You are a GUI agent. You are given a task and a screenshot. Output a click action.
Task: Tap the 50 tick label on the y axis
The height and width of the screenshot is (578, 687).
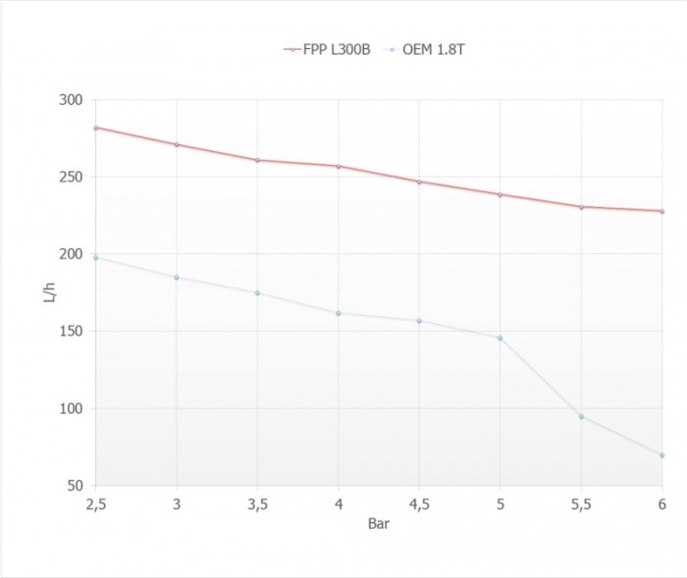point(74,486)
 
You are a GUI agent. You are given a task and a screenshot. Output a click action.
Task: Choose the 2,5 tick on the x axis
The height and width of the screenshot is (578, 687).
point(95,503)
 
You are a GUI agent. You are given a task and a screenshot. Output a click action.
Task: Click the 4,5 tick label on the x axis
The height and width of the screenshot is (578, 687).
point(419,503)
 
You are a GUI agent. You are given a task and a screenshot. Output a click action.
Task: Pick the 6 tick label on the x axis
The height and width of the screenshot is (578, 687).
point(662,503)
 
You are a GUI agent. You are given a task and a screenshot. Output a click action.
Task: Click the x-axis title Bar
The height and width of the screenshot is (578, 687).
point(379,524)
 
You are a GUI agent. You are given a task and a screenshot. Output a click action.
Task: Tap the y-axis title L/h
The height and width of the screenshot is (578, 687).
point(50,292)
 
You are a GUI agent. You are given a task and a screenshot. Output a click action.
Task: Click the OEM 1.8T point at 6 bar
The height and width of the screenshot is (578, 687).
point(662,455)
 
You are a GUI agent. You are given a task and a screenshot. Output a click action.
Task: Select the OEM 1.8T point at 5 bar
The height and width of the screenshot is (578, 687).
point(501,338)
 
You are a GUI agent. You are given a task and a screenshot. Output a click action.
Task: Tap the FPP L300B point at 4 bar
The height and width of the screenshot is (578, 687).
point(339,166)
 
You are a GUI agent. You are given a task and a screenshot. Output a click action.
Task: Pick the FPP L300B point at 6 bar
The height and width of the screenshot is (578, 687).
point(662,211)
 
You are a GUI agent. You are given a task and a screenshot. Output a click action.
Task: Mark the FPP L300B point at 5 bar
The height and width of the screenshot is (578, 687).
point(501,194)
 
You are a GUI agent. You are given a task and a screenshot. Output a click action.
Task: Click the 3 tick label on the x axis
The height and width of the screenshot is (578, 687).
point(177,503)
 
